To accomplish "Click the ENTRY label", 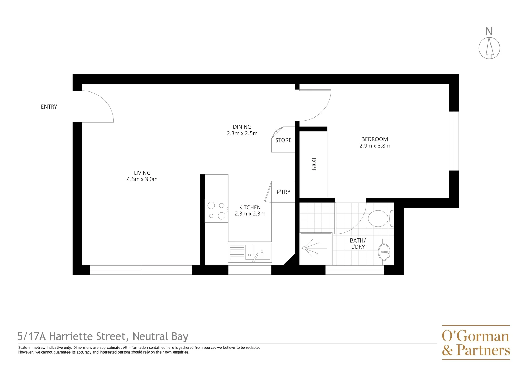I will coord(49,107).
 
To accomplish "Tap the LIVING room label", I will coord(142,173).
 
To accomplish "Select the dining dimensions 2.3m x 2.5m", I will coord(242,133).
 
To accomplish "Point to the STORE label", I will coord(283,140).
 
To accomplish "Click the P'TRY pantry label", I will coord(283,192).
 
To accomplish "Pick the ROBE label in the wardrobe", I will coord(314,164).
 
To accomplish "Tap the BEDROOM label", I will coord(374,139).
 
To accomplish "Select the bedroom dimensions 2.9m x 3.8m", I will coord(374,146).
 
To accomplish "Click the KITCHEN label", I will coord(250,208).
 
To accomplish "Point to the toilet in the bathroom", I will coord(380,218).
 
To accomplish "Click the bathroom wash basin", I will coord(384,252).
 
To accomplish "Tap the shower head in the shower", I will coord(304,248).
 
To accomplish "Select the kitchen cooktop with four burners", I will coord(216,210).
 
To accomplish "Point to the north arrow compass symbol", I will coord(489,48).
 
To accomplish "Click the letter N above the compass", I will coord(489,31).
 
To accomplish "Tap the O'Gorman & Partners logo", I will coord(475,343).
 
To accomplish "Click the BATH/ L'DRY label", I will coord(358,244).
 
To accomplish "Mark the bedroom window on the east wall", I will coord(454,141).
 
